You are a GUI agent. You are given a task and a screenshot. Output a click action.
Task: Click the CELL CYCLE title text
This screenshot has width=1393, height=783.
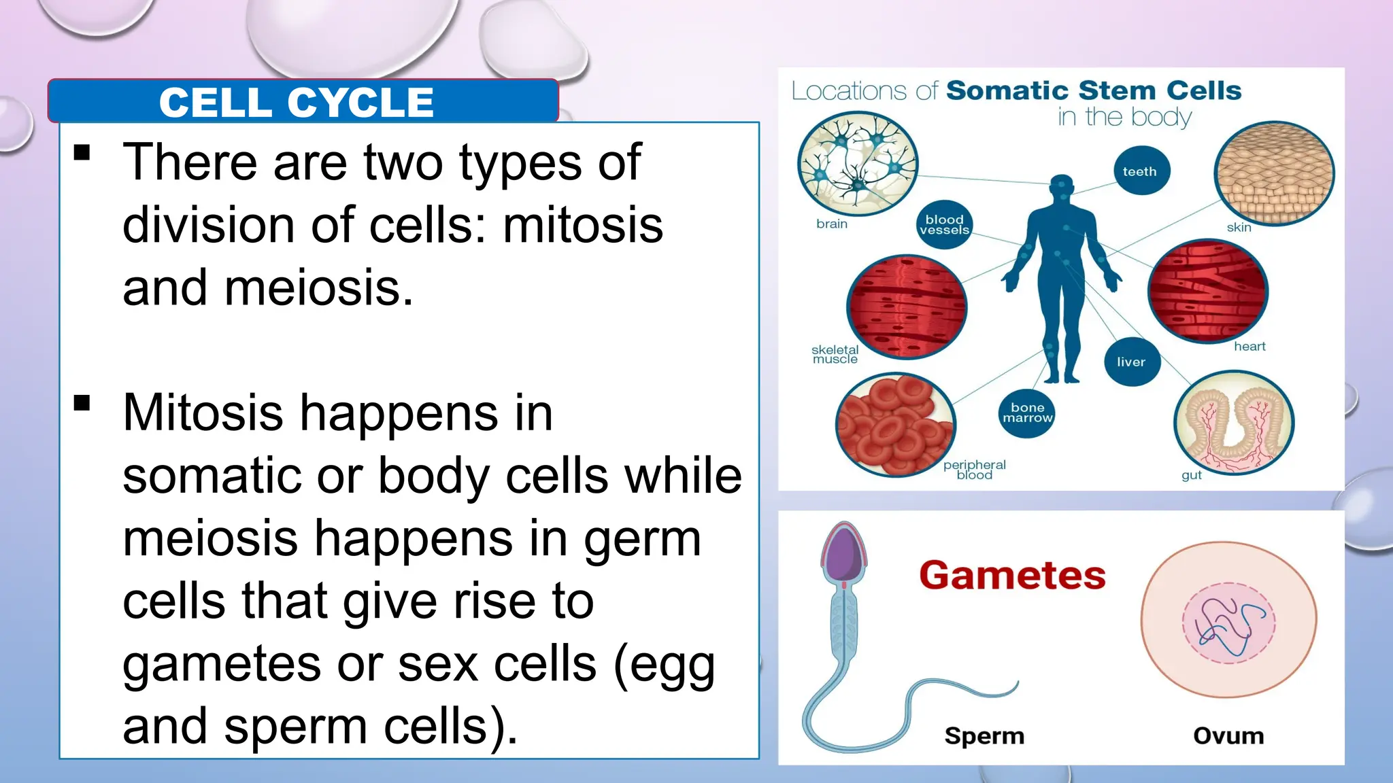pos(296,103)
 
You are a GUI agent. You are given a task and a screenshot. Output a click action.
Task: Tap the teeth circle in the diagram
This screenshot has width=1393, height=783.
pos(1140,171)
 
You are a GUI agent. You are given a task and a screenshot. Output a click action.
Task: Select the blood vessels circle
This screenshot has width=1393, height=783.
pos(944,224)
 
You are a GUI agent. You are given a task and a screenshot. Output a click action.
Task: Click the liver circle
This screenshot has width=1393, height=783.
pos(1130,362)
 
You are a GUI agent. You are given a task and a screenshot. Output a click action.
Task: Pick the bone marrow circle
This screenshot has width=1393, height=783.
pos(1027,413)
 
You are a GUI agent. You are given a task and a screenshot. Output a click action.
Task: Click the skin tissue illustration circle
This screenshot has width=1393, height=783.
pos(1274,173)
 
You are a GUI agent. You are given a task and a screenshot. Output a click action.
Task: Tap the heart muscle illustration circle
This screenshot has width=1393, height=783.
pos(1207,290)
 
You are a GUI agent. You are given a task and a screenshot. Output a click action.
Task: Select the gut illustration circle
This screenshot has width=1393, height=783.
pos(1233,422)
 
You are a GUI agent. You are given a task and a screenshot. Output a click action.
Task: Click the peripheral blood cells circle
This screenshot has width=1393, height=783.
pos(895,424)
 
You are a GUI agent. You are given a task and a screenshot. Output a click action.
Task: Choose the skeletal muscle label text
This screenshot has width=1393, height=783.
pos(835,354)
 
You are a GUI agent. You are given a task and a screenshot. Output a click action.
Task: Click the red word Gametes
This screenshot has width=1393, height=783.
pos(1012,576)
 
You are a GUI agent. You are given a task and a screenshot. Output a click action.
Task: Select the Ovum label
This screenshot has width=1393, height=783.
pos(1228,735)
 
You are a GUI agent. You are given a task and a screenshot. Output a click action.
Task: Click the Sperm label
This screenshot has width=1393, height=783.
pos(984,735)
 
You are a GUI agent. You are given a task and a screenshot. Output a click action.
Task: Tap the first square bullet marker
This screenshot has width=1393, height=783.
pos(82,152)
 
